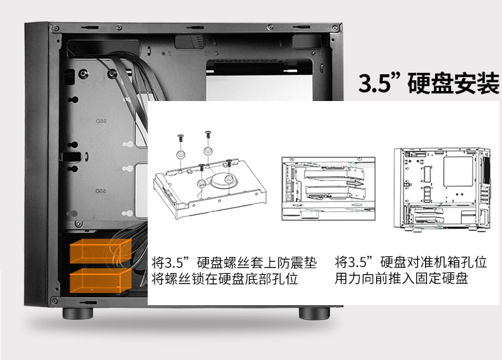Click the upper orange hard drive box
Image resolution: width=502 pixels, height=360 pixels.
click(x=101, y=251)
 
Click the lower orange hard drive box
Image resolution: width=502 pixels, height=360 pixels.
click(x=101, y=280)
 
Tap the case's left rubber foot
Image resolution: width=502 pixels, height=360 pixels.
click(x=78, y=313)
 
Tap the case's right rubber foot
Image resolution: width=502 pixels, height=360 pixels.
click(x=315, y=313)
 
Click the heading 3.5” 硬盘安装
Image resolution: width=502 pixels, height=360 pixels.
click(x=428, y=83)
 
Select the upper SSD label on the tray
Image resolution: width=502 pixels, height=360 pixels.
click(x=101, y=121)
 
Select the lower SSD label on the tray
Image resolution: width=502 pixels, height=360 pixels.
click(x=101, y=191)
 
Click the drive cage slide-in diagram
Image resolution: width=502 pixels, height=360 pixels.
click(x=329, y=189)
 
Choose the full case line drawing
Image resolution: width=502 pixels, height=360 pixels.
click(x=442, y=189)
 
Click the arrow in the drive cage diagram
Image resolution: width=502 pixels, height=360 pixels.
click(x=355, y=183)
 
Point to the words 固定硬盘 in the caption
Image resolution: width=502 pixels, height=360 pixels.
click(x=442, y=278)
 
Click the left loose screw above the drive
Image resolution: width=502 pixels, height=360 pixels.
click(x=180, y=139)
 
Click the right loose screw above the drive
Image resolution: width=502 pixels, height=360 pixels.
click(x=208, y=134)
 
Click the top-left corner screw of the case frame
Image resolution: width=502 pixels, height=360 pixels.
click(x=56, y=29)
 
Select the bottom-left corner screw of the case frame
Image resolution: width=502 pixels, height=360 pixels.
click(x=55, y=301)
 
